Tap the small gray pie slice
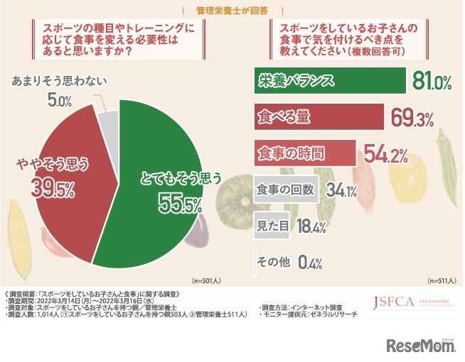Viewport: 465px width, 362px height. coord(107,117)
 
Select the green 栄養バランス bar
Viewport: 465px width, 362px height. coord(328,81)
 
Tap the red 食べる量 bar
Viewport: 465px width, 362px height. coord(319,116)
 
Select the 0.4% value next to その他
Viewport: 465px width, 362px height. coord(311,263)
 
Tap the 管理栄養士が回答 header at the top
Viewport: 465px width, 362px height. coord(232,10)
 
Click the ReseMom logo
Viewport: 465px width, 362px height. coord(420,345)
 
